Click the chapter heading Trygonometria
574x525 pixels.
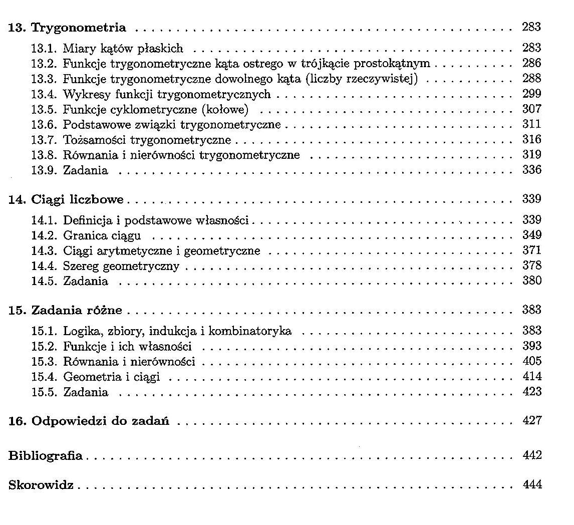79,28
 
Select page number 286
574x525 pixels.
531,63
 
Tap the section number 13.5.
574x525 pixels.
45,109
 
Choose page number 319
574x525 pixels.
531,154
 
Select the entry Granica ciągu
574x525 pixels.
102,235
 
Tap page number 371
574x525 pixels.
531,250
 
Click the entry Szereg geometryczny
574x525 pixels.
121,266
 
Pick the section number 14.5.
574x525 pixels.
45,281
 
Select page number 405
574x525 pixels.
531,361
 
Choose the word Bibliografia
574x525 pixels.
46,456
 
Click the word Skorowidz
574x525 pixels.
41,485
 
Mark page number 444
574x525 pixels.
531,485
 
